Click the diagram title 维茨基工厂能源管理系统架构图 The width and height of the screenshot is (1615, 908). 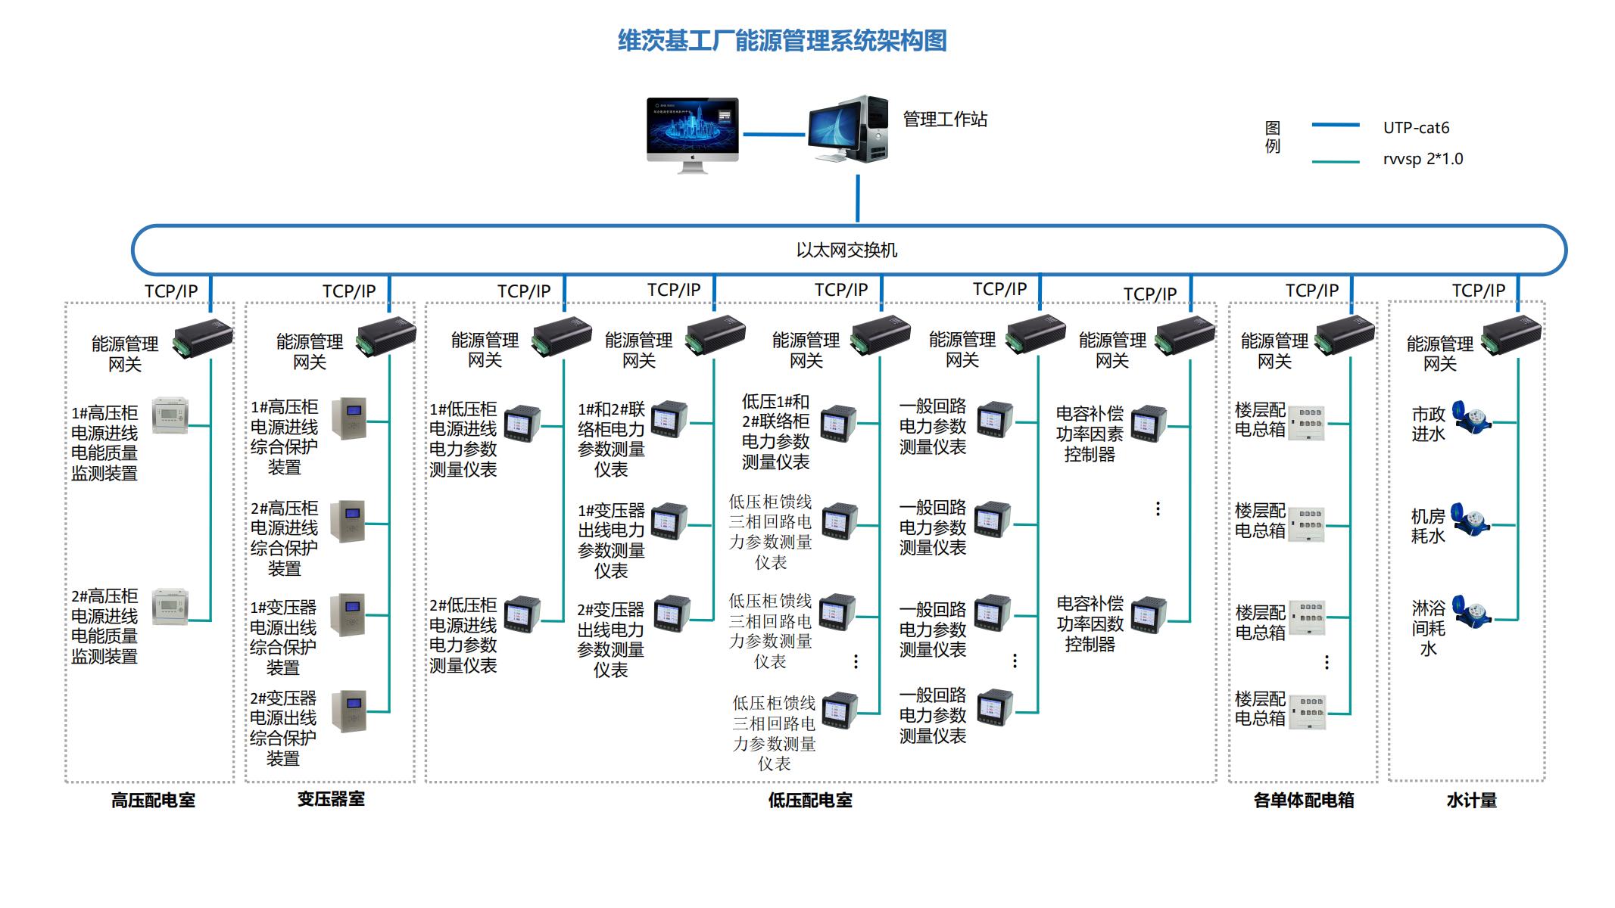coord(782,40)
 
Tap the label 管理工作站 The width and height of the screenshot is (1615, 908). coord(944,120)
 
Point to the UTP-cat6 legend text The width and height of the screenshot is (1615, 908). coord(1415,128)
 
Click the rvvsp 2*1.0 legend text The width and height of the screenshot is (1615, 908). coord(1422,159)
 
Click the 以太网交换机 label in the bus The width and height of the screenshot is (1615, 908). coord(846,250)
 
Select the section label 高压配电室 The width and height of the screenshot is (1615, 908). coord(153,801)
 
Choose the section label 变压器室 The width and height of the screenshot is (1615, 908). coord(330,799)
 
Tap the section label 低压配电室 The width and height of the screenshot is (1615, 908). coord(810,801)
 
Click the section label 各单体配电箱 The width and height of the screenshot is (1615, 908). coord(1303,801)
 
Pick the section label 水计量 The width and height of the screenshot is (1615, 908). coord(1471,801)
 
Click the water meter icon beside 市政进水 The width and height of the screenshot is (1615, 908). coord(1471,418)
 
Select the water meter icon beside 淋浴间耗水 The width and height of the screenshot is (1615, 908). coord(1471,612)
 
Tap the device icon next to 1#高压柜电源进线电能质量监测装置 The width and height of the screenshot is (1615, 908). coord(170,415)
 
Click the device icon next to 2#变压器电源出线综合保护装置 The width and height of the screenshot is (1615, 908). coord(349,711)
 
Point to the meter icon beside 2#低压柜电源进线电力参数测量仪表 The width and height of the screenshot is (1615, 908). coord(522,614)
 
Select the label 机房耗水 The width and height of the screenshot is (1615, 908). coord(1428,526)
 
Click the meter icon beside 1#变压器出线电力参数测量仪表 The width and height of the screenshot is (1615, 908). coord(669,521)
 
